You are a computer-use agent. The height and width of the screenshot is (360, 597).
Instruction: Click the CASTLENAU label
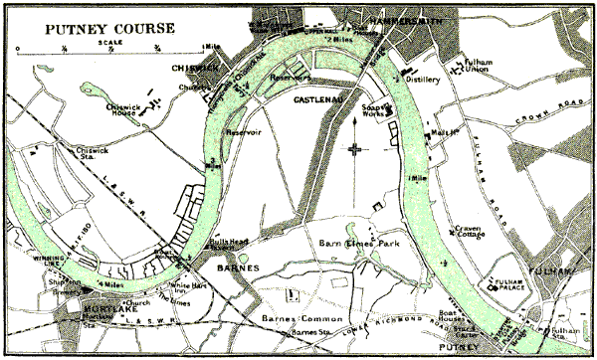pos(320,100)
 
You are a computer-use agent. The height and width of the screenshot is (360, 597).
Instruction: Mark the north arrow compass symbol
pos(354,148)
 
